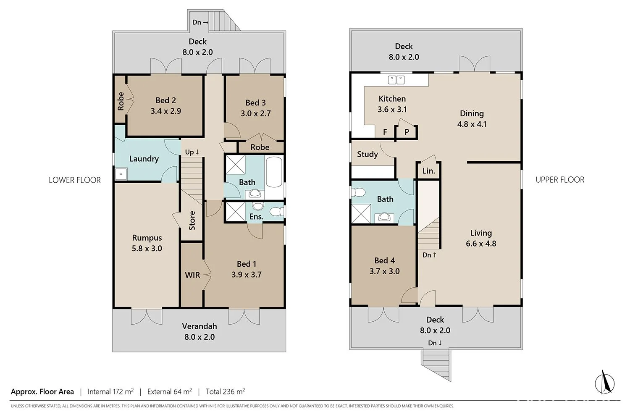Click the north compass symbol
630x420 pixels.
point(605,383)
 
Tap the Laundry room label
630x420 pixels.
point(144,159)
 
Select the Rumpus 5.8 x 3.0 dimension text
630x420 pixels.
point(147,248)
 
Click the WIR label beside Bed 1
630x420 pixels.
point(192,275)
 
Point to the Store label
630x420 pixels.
point(192,220)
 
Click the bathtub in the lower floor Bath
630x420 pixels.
point(274,172)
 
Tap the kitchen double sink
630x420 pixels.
point(396,80)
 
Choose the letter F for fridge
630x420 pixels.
point(385,132)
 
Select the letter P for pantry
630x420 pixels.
point(407,132)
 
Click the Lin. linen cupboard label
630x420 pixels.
point(429,171)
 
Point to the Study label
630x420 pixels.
point(367,154)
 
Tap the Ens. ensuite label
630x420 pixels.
point(256,217)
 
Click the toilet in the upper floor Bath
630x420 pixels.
point(358,192)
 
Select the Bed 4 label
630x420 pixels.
point(384,260)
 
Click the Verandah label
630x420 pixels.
point(199,326)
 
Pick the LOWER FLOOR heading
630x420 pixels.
point(75,180)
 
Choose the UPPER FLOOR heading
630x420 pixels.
point(560,180)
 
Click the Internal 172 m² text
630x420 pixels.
point(110,391)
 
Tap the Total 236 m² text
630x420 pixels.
point(225,391)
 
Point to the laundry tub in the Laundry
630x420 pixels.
point(121,174)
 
